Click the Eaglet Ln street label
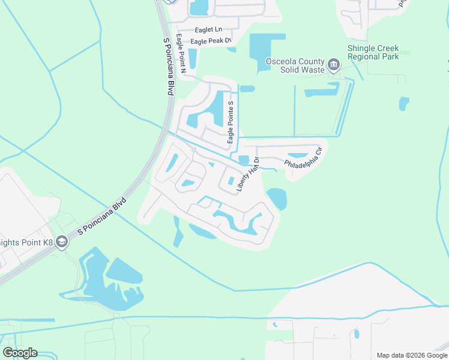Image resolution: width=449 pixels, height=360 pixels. click(x=208, y=29)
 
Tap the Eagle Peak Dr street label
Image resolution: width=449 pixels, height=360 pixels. click(x=211, y=41)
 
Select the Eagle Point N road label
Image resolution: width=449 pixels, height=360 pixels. click(x=181, y=54)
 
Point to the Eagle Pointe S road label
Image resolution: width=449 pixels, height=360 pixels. click(x=230, y=122)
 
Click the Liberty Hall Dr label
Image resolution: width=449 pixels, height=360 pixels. click(x=247, y=175)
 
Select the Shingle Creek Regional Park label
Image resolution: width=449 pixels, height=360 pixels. click(x=373, y=53)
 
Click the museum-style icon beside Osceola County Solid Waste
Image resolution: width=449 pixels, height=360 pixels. click(x=334, y=63)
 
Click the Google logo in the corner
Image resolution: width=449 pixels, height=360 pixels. click(x=20, y=353)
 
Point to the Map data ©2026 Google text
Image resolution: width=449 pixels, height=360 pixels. click(x=411, y=355)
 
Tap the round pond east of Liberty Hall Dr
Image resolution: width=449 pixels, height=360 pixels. click(x=276, y=199)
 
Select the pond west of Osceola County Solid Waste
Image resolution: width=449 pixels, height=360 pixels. click(x=259, y=51)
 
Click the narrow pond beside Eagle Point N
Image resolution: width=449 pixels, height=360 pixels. click(x=193, y=58)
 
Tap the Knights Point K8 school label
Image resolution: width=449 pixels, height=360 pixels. click(x=26, y=242)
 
